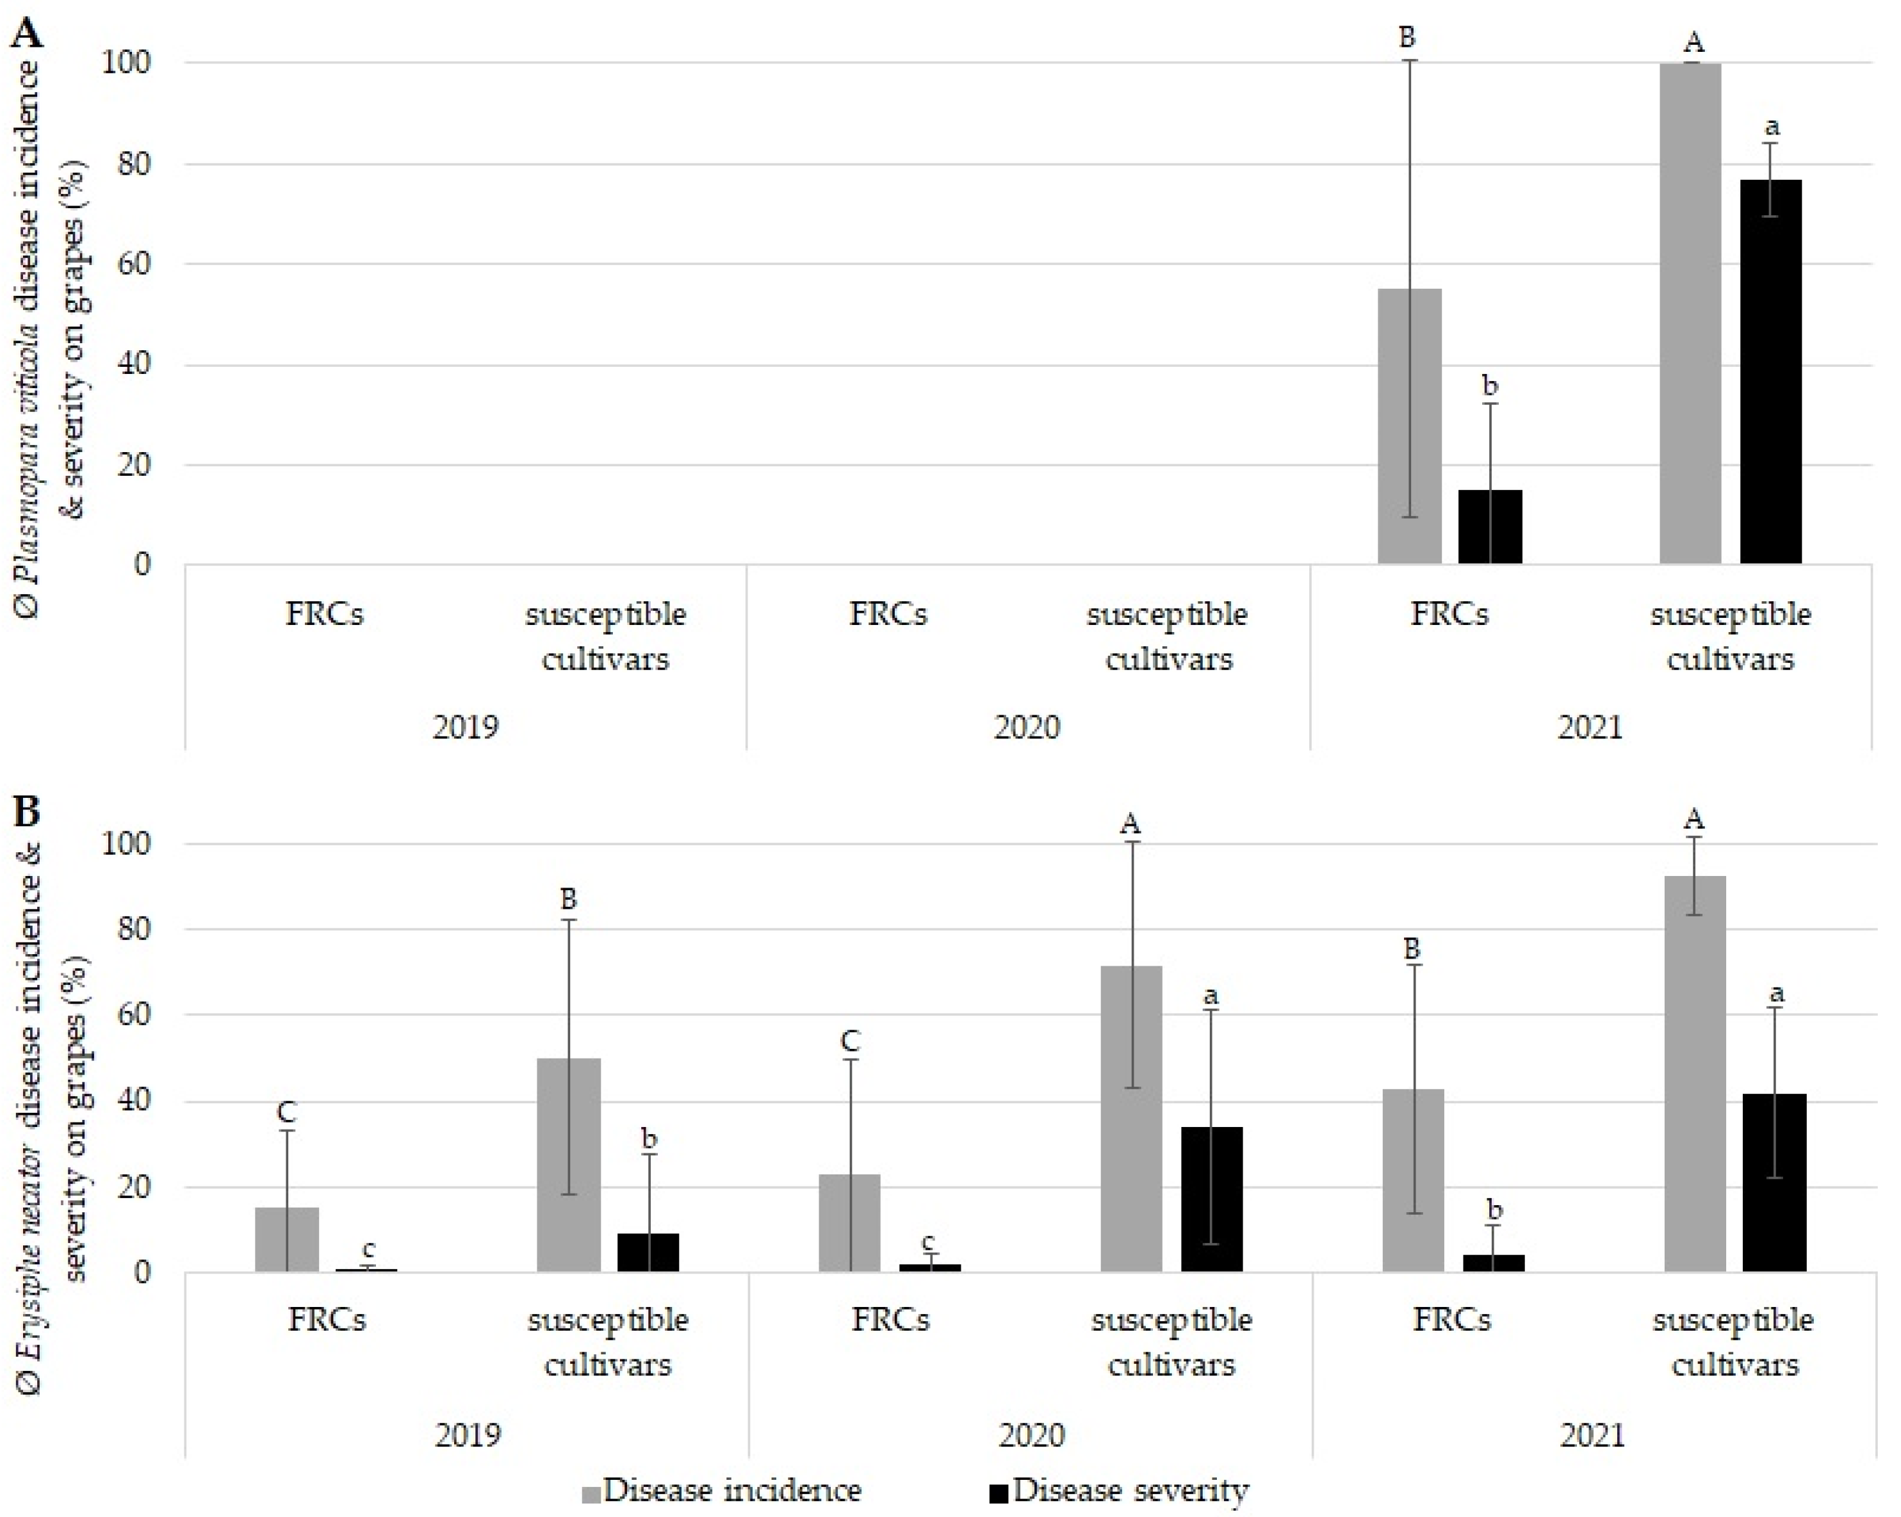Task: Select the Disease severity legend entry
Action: pos(1119,1489)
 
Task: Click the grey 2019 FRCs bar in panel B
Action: pos(286,1239)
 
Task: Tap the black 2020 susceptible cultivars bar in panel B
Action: pos(1211,1199)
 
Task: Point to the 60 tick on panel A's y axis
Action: pos(136,264)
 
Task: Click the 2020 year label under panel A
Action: pos(1027,728)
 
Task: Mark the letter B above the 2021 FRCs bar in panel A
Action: pos(1407,37)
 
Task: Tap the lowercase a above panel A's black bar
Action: pos(1772,127)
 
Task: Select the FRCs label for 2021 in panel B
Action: pos(1452,1320)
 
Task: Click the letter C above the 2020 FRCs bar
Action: pos(849,1042)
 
